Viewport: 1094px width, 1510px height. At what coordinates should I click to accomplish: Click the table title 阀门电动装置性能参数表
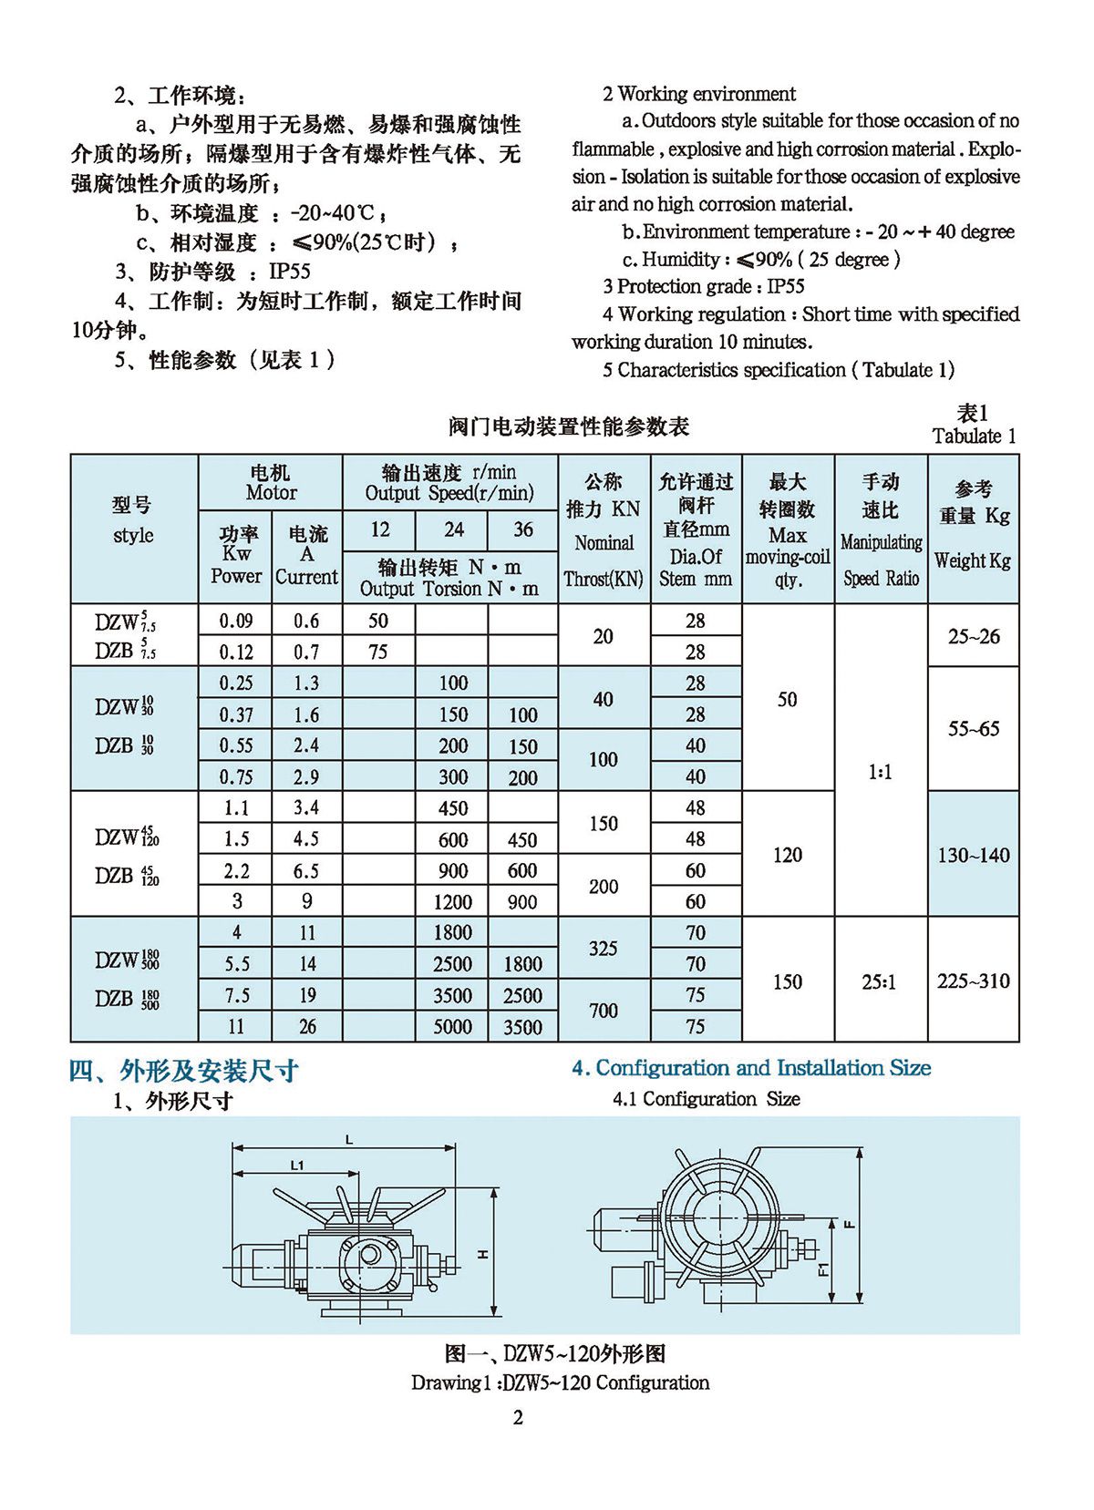pyautogui.click(x=569, y=426)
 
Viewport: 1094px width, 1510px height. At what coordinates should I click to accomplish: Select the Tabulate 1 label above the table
pyautogui.click(x=974, y=436)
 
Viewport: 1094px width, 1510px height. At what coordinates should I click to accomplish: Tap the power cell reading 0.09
pyautogui.click(x=236, y=621)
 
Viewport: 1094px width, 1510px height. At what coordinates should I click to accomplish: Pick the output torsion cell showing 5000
pyautogui.click(x=452, y=1027)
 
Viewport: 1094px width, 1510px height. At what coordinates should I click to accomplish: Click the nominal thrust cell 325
pyautogui.click(x=604, y=949)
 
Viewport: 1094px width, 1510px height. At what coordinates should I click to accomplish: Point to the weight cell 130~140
pyautogui.click(x=974, y=855)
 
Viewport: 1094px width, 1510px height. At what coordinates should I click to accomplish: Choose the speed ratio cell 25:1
pyautogui.click(x=880, y=981)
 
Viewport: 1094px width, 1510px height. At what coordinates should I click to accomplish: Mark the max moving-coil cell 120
pyautogui.click(x=788, y=855)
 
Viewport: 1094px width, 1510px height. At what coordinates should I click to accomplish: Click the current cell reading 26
pyautogui.click(x=307, y=1027)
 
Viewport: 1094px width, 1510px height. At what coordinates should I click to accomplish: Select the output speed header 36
pyautogui.click(x=522, y=529)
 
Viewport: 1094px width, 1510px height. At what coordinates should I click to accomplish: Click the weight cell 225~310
pyautogui.click(x=974, y=981)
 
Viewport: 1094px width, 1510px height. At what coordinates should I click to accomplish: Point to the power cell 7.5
pyautogui.click(x=236, y=995)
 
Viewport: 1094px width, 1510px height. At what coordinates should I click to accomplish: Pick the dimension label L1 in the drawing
pyautogui.click(x=296, y=1165)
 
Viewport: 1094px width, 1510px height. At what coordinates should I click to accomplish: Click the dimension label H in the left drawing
pyautogui.click(x=483, y=1254)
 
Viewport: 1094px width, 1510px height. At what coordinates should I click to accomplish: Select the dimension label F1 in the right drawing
pyautogui.click(x=822, y=1268)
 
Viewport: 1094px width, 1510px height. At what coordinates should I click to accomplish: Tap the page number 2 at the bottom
pyautogui.click(x=519, y=1418)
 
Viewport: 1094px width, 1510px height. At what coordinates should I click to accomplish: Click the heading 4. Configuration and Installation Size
pyautogui.click(x=751, y=1068)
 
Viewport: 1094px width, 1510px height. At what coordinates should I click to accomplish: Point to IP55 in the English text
pyautogui.click(x=785, y=286)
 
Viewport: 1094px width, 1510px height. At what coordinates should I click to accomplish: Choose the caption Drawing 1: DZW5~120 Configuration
pyautogui.click(x=560, y=1382)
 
